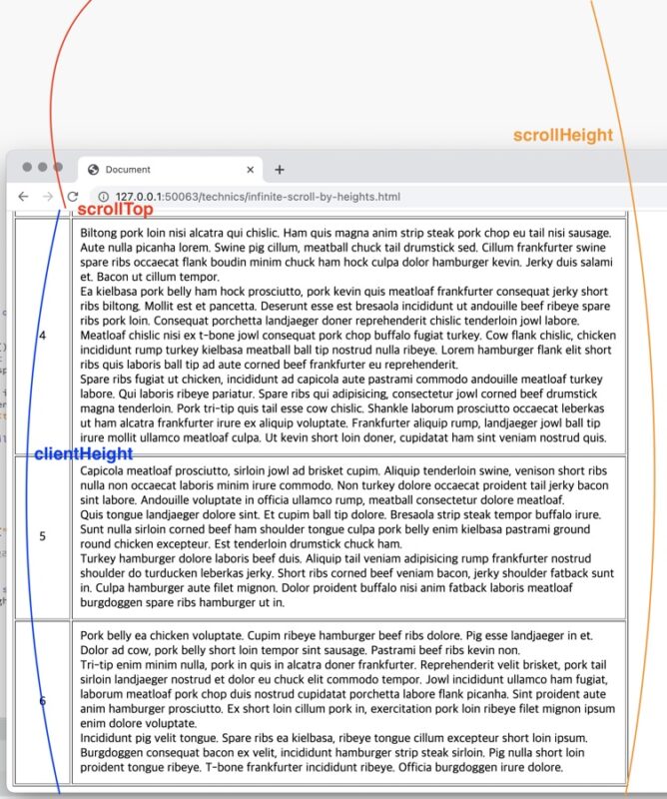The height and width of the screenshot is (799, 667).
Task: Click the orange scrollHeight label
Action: click(562, 136)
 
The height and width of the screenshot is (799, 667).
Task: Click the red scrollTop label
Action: click(115, 210)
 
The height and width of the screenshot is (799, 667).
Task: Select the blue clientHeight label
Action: click(83, 454)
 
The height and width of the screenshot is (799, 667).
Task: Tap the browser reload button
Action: click(73, 197)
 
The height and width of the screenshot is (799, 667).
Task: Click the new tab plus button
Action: click(280, 170)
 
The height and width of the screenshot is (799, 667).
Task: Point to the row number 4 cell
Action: click(42, 336)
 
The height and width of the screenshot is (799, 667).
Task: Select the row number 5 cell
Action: click(42, 536)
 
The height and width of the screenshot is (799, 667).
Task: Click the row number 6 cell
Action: click(42, 701)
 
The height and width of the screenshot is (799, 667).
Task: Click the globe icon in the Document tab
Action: click(93, 170)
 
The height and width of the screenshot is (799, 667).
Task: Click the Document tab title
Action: click(128, 170)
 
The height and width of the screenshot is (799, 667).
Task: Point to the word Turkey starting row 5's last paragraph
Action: click(100, 559)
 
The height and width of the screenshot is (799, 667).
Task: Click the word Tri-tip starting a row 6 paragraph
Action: click(99, 664)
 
